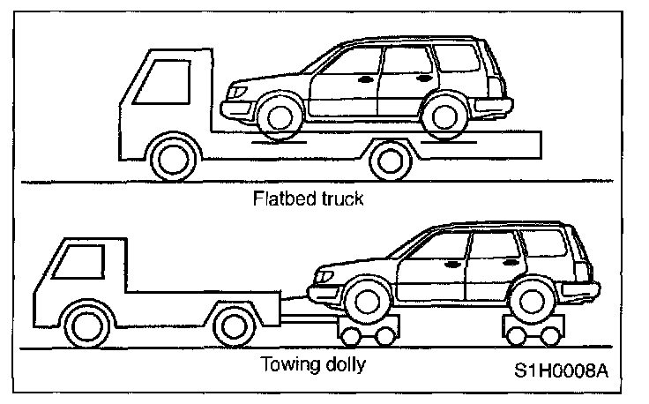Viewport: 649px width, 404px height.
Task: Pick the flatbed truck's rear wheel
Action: (390, 161)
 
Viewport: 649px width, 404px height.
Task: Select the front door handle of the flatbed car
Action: (365, 80)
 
